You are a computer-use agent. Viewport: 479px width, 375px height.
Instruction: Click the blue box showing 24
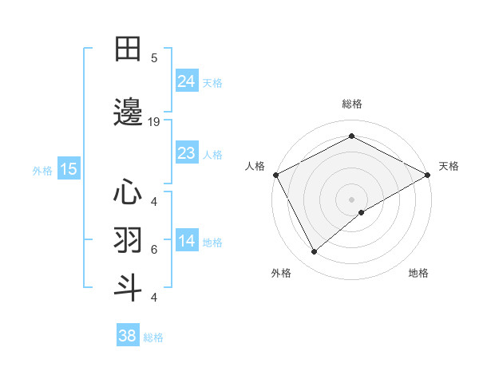pos(186,81)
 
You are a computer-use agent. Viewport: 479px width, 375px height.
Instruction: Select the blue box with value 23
pos(186,153)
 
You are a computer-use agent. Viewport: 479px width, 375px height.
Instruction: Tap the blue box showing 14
pos(186,242)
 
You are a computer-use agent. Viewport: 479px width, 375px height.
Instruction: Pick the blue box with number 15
pos(68,169)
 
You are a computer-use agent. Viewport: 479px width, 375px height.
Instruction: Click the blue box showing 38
pos(127,336)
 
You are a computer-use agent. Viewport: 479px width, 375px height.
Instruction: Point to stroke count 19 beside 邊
pos(154,122)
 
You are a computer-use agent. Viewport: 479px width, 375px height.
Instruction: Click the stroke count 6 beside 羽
pos(154,249)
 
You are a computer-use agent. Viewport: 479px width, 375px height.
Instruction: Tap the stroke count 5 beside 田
pos(154,57)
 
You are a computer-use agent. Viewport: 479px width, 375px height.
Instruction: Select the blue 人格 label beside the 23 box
pos(212,154)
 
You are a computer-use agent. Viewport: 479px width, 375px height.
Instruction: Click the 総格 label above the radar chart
pos(351,104)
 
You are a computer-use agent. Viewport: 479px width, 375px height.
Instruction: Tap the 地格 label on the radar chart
pos(418,273)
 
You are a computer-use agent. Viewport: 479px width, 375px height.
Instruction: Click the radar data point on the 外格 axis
pos(315,252)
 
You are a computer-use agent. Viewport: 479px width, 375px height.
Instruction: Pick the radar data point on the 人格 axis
pos(275,174)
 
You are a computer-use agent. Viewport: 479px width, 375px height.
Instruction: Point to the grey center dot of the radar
pos(351,199)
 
